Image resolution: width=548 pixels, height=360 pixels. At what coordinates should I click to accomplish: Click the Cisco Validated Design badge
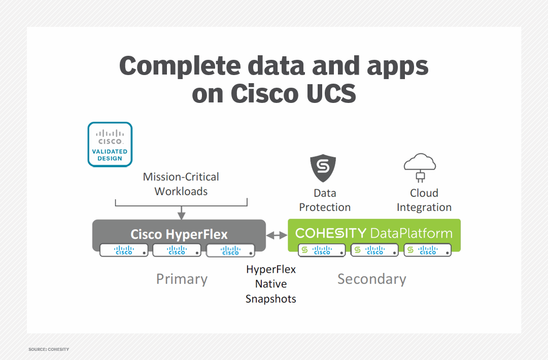coord(110,145)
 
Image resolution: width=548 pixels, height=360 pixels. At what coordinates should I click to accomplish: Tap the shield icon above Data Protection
coord(323,169)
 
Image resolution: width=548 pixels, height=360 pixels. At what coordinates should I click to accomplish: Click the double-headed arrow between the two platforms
coord(277,235)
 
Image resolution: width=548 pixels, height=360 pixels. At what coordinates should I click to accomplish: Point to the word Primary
coord(182,279)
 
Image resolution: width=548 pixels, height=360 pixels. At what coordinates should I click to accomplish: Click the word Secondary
coord(371,279)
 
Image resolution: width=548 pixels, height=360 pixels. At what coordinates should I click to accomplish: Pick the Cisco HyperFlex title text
coord(179,234)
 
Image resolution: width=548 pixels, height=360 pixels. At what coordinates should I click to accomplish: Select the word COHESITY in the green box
coord(330,233)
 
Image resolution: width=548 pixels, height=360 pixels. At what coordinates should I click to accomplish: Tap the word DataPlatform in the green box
coord(411,233)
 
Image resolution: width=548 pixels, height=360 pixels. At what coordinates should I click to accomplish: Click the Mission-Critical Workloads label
coord(181,184)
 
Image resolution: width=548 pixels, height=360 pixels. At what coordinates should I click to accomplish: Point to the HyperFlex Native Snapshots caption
coord(270,284)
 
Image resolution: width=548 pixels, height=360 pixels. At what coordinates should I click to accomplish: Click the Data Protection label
coord(325,200)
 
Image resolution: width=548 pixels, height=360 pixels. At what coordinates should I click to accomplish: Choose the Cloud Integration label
coord(424,200)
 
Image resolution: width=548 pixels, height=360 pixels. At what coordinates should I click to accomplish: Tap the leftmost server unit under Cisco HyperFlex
coord(124,250)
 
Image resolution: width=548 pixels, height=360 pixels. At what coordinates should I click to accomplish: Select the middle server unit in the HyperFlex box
coord(177,250)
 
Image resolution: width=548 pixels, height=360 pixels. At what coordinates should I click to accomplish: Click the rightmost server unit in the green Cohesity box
coord(427,250)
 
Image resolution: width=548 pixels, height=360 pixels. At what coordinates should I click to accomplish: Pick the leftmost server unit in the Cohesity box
coord(322,250)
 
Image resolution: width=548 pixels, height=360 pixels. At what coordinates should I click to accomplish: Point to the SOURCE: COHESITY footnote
coord(49,349)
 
